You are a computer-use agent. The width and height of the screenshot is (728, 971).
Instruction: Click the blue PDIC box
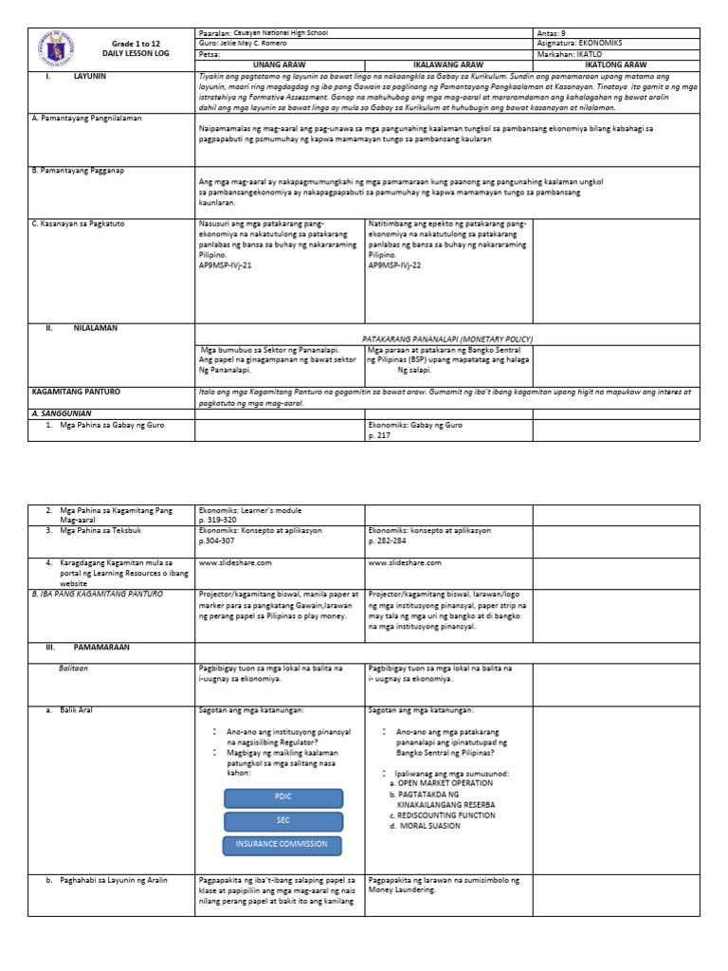(x=282, y=797)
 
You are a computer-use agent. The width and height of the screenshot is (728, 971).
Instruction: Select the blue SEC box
(x=282, y=820)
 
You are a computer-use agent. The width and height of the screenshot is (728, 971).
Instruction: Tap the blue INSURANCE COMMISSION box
(x=282, y=844)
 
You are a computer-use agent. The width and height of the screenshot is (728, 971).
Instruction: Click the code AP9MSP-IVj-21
(x=226, y=266)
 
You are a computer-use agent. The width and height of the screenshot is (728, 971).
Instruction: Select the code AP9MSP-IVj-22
(x=395, y=266)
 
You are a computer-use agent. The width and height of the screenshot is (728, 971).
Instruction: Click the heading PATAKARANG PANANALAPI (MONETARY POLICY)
(x=448, y=339)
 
